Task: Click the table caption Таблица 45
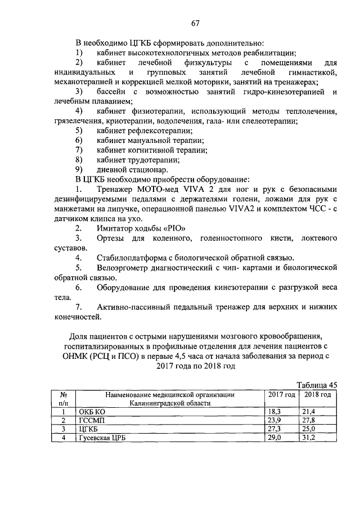point(317,385)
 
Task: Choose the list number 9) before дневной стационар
point(79,170)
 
